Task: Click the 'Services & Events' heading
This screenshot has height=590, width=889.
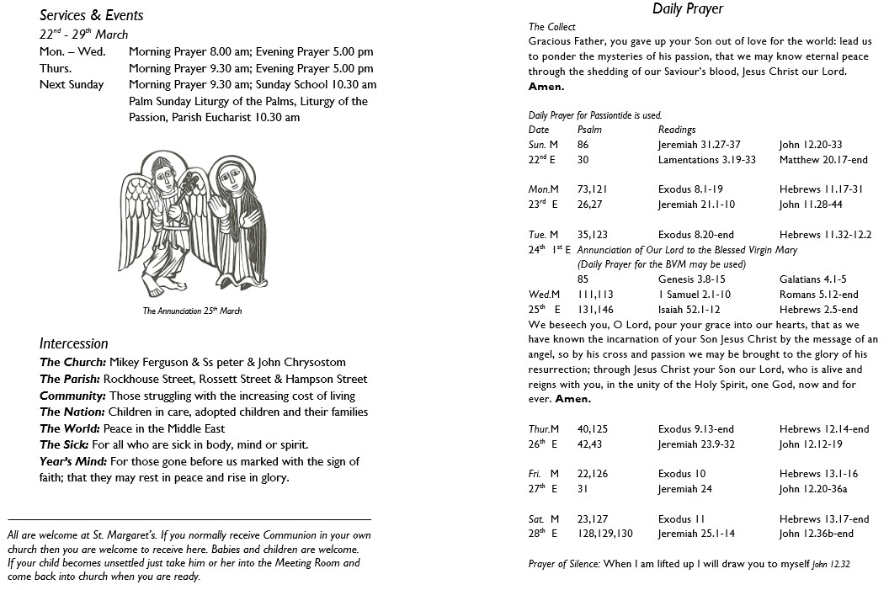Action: (x=91, y=15)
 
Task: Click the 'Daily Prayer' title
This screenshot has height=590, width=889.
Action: (x=688, y=9)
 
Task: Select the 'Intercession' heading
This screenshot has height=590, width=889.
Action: (x=73, y=343)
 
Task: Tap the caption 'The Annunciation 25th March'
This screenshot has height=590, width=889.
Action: (x=192, y=311)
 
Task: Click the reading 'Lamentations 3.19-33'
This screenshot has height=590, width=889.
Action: (x=706, y=160)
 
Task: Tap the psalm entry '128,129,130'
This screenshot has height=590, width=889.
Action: (x=604, y=534)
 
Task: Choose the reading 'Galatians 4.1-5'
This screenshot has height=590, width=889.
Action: (x=812, y=279)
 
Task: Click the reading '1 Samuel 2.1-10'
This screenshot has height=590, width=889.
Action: (x=694, y=295)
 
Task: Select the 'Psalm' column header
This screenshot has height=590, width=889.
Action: (x=589, y=130)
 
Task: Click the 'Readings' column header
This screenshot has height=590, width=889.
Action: (x=677, y=130)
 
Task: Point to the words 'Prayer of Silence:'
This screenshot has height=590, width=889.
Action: (x=564, y=564)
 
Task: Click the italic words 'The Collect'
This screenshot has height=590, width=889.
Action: (x=552, y=27)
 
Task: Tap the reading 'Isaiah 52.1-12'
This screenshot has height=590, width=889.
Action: (x=689, y=310)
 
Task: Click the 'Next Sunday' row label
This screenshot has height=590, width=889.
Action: (x=72, y=84)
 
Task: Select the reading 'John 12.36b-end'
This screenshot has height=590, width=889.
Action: (x=816, y=534)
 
